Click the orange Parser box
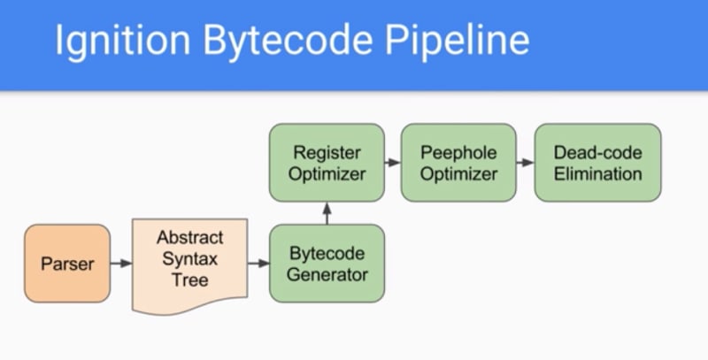(x=67, y=264)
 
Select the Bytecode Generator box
(x=327, y=264)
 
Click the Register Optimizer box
(x=327, y=163)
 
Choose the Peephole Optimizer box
(x=458, y=163)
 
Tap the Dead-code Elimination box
(x=597, y=163)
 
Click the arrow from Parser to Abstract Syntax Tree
(x=121, y=264)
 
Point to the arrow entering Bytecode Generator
(x=258, y=264)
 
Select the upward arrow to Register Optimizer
(x=327, y=212)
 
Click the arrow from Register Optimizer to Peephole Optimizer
(x=392, y=163)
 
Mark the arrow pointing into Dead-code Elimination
(x=525, y=163)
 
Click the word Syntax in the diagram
(x=189, y=259)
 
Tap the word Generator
(x=327, y=274)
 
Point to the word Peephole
(x=458, y=153)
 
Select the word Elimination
(x=597, y=173)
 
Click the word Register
(x=327, y=153)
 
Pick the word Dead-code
(x=597, y=153)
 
